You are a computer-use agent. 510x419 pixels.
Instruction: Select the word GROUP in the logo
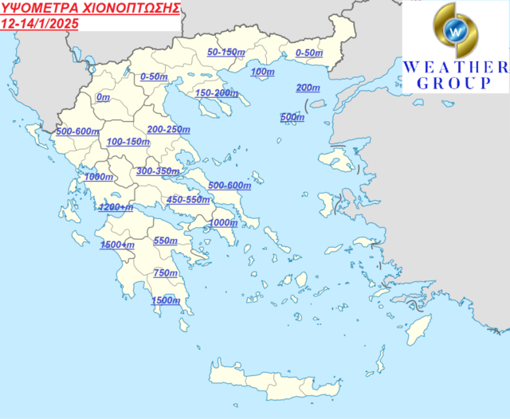coord(455,83)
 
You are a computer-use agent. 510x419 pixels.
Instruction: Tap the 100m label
coord(262,72)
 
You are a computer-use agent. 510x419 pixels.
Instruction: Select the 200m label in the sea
coord(308,87)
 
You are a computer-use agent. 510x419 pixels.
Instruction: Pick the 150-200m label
coord(216,93)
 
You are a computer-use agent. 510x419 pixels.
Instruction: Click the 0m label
coord(102,97)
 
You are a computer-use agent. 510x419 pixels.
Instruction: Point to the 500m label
coord(292,118)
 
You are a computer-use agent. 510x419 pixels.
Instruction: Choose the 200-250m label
coord(168,129)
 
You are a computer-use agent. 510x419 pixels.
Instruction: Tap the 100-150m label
coord(128,142)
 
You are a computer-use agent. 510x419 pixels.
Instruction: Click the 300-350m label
coord(158,171)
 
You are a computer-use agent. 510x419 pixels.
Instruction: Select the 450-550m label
coord(188,200)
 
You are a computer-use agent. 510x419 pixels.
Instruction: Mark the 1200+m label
coord(116,207)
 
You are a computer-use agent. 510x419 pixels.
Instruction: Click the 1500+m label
coord(117,245)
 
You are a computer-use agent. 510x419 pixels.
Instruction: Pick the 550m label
coord(165,241)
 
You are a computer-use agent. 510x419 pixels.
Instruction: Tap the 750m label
coord(165,273)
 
